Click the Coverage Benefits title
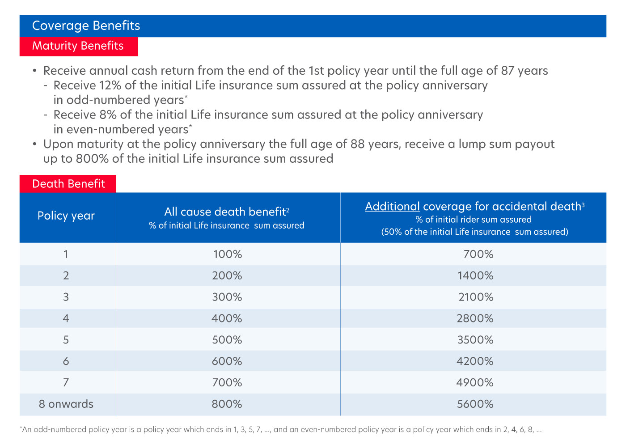[86, 26]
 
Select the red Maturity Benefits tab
[79, 47]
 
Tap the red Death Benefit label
[68, 184]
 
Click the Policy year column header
[66, 216]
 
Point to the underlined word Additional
[392, 207]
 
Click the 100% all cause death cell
[228, 254]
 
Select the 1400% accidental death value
[475, 275]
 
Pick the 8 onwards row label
[66, 404]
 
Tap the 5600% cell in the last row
[475, 404]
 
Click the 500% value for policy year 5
[227, 339]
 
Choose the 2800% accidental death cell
[475, 318]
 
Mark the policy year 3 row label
[66, 297]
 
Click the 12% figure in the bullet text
[110, 85]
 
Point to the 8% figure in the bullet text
[108, 115]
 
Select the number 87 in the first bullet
[508, 71]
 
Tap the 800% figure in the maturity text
[92, 159]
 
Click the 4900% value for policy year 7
[475, 382]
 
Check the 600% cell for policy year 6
[227, 361]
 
